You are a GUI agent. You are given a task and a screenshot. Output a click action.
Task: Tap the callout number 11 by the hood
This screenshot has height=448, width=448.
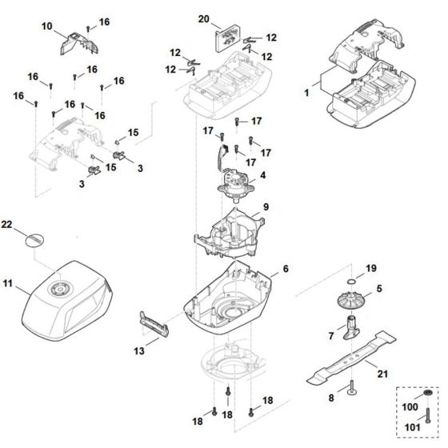pos(9,283)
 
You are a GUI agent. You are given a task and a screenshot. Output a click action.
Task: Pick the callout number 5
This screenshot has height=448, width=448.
pos(380,287)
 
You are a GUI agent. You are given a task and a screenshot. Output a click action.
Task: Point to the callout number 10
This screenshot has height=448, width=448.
pos(46,27)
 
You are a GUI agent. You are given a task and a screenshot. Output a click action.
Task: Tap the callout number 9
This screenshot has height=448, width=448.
pos(266,207)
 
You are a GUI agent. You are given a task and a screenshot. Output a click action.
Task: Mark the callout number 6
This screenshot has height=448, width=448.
pos(285,270)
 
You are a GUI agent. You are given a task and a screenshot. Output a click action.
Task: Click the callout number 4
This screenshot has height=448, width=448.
pos(262,174)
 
